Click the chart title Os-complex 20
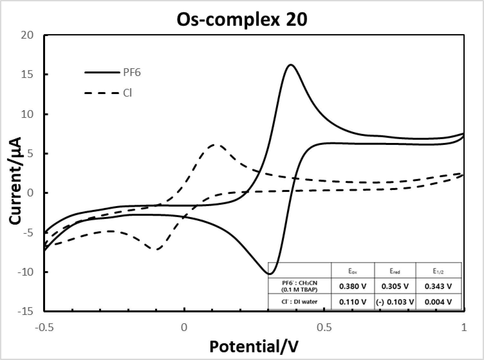[242, 20]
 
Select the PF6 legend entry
[113, 72]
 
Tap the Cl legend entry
[108, 93]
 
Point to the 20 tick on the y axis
[27, 35]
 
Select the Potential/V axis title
[254, 347]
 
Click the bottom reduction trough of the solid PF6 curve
[270, 274]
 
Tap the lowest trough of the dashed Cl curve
[157, 249]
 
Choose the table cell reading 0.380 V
[353, 286]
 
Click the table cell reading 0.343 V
[438, 286]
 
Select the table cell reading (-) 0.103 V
[395, 302]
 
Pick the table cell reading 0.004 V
[438, 302]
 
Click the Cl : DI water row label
[299, 302]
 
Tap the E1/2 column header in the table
[438, 271]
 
